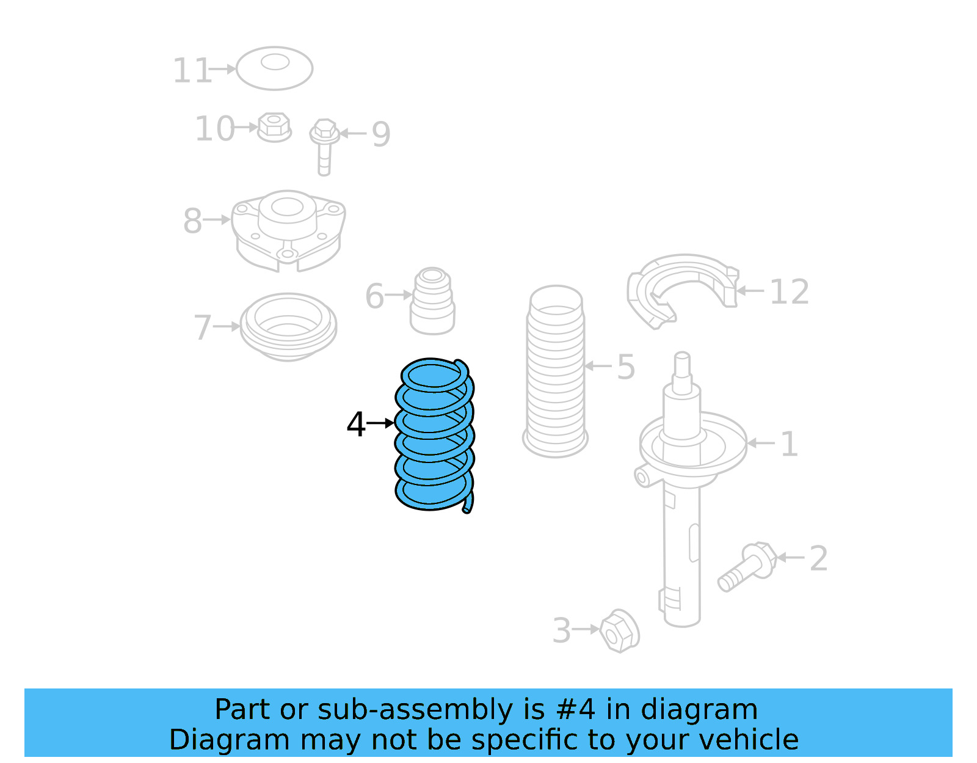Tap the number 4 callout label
tap(355, 424)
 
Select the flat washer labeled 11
tap(275, 68)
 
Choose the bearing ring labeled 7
tap(288, 327)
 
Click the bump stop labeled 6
tap(432, 301)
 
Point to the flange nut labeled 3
tap(619, 630)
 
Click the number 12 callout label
tap(789, 292)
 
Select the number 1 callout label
tap(789, 444)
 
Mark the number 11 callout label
tap(191, 71)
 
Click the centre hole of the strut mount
tap(286, 207)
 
